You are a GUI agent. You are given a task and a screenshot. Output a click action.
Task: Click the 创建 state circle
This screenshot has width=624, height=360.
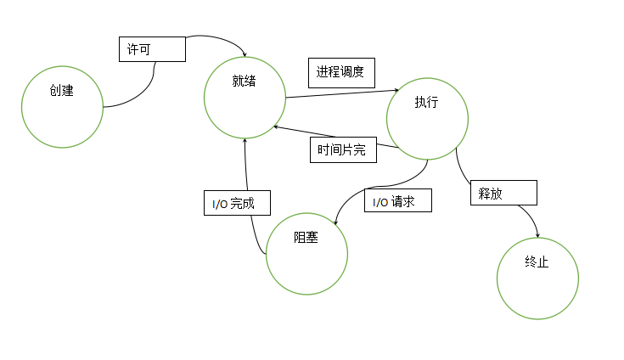[x=62, y=106]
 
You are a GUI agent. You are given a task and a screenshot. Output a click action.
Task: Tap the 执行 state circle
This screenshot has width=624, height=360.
[x=426, y=117]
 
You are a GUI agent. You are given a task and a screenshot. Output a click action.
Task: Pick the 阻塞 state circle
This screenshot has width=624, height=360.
[x=306, y=252]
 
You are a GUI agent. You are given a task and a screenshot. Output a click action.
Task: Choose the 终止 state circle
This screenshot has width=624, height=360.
[x=537, y=278]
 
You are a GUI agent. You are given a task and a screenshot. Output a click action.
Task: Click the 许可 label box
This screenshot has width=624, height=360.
[x=151, y=48]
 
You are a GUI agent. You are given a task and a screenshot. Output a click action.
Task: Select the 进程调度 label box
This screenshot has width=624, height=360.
[x=341, y=73]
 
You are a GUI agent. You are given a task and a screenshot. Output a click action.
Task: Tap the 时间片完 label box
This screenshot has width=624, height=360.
[x=342, y=150]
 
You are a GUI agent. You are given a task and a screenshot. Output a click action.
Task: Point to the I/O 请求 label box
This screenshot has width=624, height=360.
[x=398, y=200]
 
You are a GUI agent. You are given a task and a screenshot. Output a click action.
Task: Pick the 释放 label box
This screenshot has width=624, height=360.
[x=503, y=193]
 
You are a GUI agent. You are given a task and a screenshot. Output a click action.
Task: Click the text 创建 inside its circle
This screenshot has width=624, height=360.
[x=62, y=91]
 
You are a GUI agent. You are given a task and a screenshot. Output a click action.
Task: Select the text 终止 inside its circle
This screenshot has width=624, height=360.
[x=537, y=262]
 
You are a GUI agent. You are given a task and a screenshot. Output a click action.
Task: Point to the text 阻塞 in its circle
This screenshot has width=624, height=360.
[x=306, y=238]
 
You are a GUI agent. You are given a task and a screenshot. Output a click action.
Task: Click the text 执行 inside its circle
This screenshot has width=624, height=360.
[x=426, y=102]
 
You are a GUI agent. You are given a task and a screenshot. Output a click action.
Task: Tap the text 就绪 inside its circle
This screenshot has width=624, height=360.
[x=244, y=82]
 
